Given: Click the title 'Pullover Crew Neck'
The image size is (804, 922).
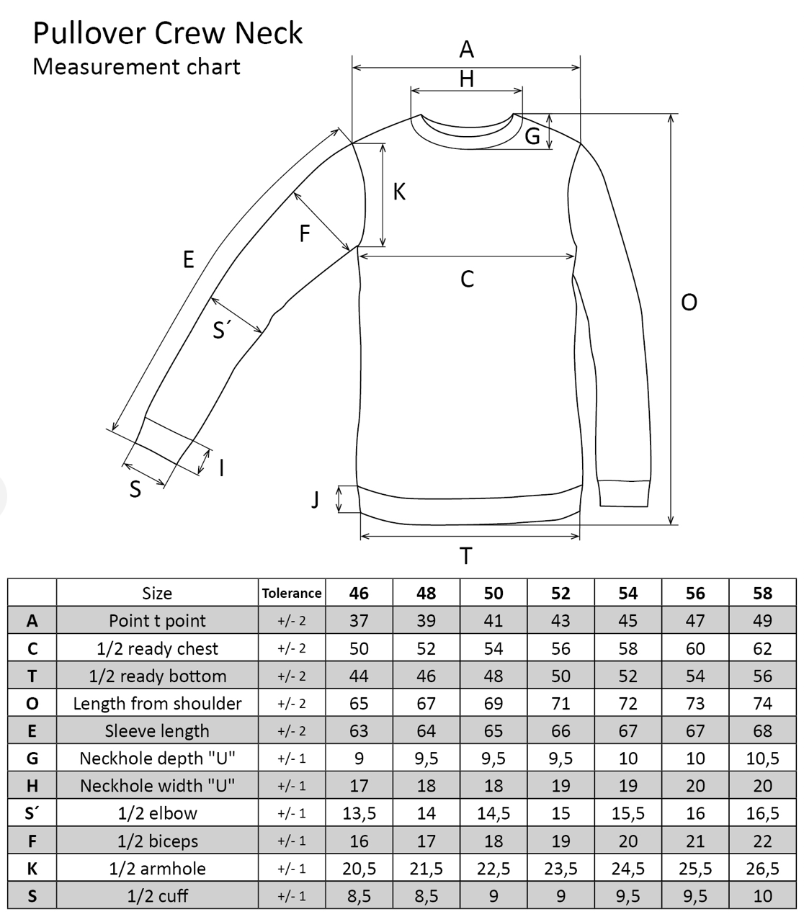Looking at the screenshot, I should [167, 34].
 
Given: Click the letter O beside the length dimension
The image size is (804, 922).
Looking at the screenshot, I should [689, 303].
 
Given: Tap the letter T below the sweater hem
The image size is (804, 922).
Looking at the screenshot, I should [466, 556].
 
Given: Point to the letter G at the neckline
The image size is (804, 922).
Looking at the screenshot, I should [532, 135].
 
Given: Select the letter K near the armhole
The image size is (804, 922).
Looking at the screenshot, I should [399, 192].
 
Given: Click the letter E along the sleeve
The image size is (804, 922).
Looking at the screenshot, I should [189, 259].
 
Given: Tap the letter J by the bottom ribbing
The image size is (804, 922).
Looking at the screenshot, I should [315, 498].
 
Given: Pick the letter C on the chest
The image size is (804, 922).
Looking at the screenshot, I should [467, 279].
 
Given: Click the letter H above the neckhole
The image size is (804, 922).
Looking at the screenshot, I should [467, 79].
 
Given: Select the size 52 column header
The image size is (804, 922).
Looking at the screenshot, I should [560, 593].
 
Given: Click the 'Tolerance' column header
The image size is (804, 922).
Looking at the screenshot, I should [292, 593].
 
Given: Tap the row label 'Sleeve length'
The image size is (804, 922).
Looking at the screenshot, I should [157, 731].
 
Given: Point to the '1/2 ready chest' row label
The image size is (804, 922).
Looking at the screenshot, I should [157, 648].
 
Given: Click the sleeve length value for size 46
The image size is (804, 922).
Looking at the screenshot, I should [359, 731].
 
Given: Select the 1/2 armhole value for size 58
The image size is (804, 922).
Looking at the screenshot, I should [762, 869].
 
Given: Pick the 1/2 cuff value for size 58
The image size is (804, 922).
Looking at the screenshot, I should [762, 896].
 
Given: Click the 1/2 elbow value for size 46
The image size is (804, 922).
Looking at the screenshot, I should [359, 813].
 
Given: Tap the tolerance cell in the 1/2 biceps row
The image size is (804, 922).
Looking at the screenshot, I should [292, 841].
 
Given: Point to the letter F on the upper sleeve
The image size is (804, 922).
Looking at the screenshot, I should [305, 233].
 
